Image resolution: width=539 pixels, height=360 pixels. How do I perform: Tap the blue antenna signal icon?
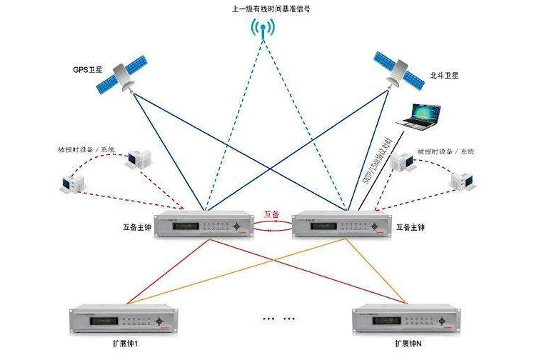tap(263, 29)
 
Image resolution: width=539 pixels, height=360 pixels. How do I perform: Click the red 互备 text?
tap(272, 214)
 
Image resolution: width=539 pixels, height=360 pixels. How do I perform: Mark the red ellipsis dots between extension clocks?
tap(279, 318)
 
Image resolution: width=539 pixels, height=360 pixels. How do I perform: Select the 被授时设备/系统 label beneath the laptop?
tap(446, 151)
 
